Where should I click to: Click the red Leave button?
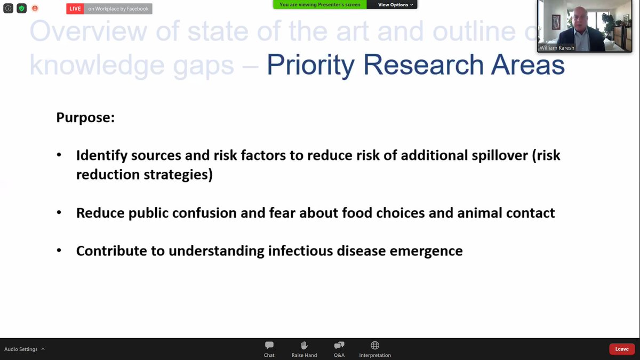(622, 349)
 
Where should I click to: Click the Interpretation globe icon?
(375, 346)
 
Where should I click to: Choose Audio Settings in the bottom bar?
(21, 349)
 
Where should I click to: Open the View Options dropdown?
(395, 5)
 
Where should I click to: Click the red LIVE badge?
(75, 9)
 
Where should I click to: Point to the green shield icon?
(21, 9)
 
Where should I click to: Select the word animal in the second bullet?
(481, 213)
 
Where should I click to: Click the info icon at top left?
(8, 9)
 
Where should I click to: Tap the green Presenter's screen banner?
(320, 5)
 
